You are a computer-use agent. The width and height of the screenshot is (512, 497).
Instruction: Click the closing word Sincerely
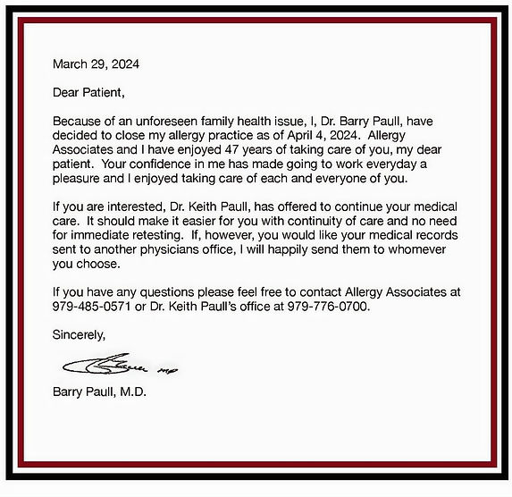[80, 336]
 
